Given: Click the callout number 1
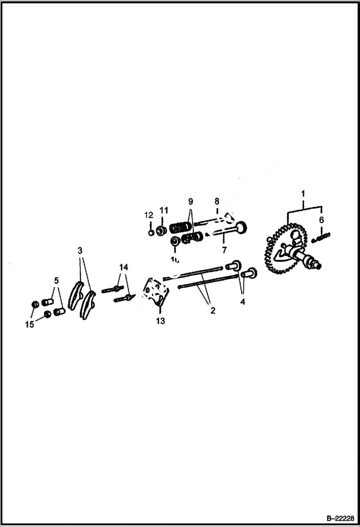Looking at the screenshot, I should [303, 194].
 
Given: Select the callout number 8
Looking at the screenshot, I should [217, 201].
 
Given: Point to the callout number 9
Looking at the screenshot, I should [190, 201].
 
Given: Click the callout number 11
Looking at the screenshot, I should [164, 210].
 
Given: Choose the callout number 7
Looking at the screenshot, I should [224, 250].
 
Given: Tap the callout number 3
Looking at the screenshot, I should [80, 250].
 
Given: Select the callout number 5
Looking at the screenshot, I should [56, 280].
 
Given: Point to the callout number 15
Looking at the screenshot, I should [30, 325].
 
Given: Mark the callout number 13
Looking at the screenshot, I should [161, 321].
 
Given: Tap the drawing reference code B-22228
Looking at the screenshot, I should [340, 519].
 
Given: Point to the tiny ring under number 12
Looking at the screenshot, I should [151, 233].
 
